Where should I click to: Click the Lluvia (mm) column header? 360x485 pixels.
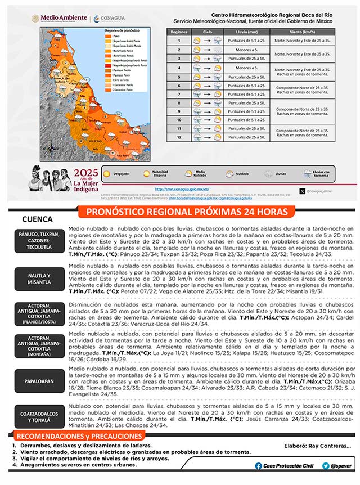pyautogui.click(x=246, y=32)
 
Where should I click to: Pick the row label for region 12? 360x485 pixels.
pyautogui.click(x=179, y=137)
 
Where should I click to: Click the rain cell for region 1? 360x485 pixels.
pyautogui.click(x=246, y=41)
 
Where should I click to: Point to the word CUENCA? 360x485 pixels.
pyautogui.click(x=37, y=219)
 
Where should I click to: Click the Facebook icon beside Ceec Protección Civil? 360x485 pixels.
pyautogui.click(x=258, y=466)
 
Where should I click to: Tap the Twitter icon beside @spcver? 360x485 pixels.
pyautogui.click(x=326, y=466)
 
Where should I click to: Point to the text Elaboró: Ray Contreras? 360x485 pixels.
pyautogui.click(x=318, y=446)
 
